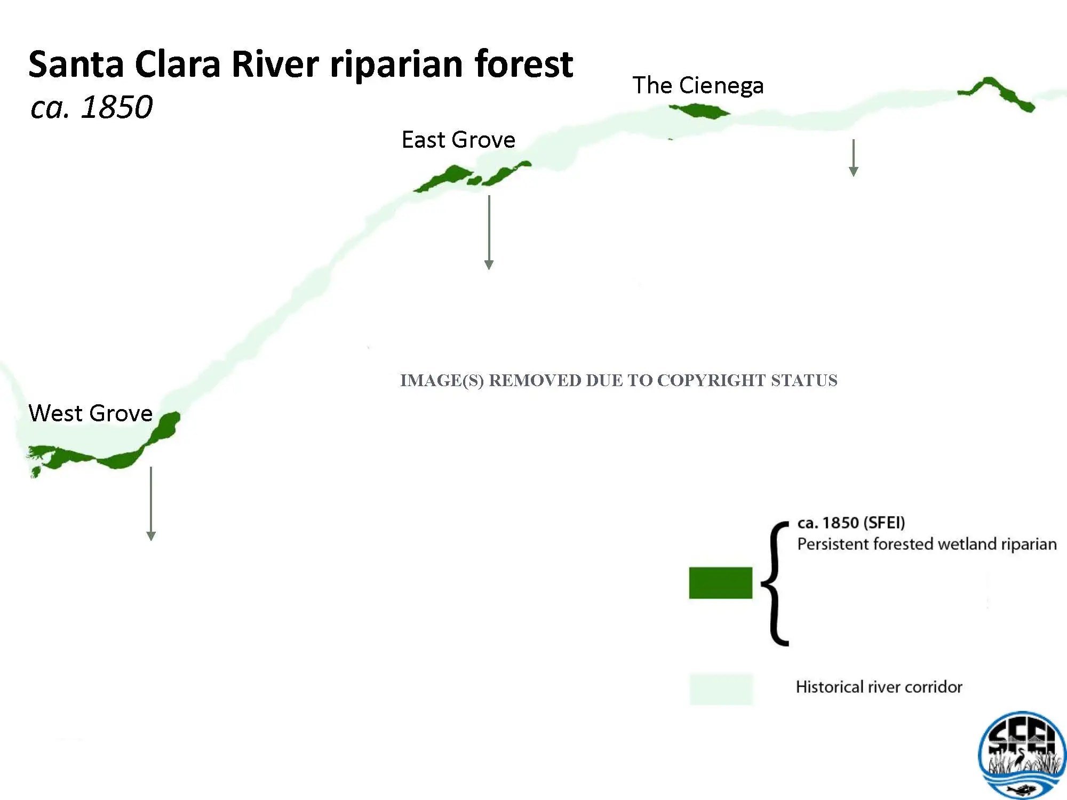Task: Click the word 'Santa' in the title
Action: pos(76,64)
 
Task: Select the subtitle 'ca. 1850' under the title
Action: pos(91,107)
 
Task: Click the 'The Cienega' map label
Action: pos(698,85)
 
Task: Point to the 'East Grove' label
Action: pos(458,140)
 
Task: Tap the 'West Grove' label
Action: pos(90,413)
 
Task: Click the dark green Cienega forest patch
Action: pos(699,111)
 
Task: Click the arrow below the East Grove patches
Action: pos(489,233)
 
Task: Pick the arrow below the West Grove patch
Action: pos(151,503)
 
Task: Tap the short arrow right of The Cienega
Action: pos(854,158)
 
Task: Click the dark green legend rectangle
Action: pos(721,583)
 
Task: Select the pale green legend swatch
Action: pos(721,689)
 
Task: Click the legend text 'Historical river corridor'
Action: pos(879,687)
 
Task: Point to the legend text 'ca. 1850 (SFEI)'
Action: pos(851,523)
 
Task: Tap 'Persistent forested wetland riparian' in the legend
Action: pos(927,544)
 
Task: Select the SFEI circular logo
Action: pos(1022,755)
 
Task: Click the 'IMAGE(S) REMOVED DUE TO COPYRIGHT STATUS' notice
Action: pos(619,380)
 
